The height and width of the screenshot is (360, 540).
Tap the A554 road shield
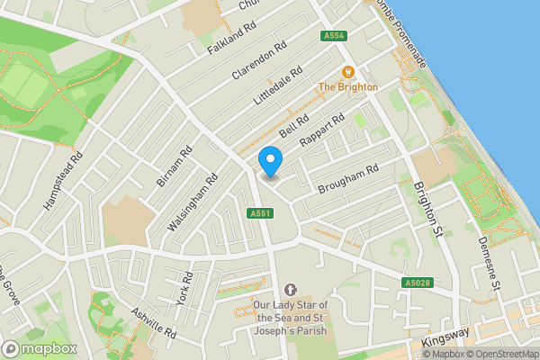pos(334,36)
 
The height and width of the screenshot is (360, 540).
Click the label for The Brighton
pos(348,86)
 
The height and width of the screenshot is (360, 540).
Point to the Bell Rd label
pos(293,126)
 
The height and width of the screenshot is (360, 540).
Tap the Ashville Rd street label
pos(152,322)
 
